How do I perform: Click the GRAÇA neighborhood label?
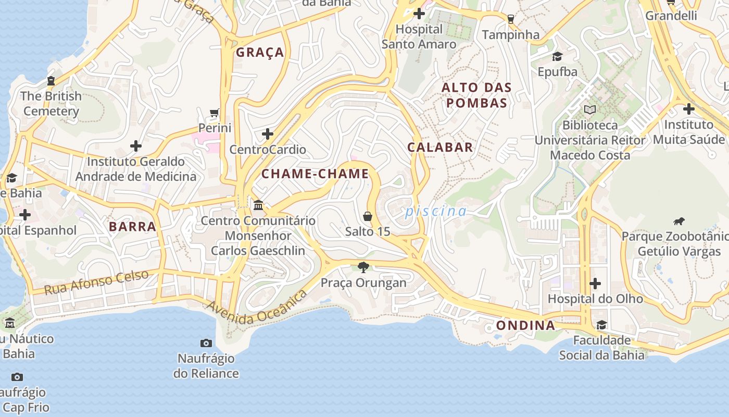point(260,52)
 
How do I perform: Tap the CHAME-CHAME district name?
point(315,174)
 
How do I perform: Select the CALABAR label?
point(440,147)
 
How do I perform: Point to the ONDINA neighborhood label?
point(525,325)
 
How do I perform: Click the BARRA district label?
point(133,226)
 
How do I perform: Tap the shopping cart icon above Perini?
point(214,113)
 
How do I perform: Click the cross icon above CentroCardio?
point(268,134)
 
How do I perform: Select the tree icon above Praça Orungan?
point(363,267)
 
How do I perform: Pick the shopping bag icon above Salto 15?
point(368,216)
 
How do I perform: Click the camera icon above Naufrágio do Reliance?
point(206,343)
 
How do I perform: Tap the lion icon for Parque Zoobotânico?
point(678,221)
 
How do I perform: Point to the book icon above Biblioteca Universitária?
point(589,109)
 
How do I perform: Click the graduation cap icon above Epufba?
point(558,56)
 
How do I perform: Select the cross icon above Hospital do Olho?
point(595,284)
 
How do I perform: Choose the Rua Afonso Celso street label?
point(96,282)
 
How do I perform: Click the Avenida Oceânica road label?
point(258,308)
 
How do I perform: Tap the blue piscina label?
point(436,211)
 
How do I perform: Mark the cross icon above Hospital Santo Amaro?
point(419,14)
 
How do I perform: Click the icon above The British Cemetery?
point(51,81)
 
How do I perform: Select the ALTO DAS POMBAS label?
point(476,95)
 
